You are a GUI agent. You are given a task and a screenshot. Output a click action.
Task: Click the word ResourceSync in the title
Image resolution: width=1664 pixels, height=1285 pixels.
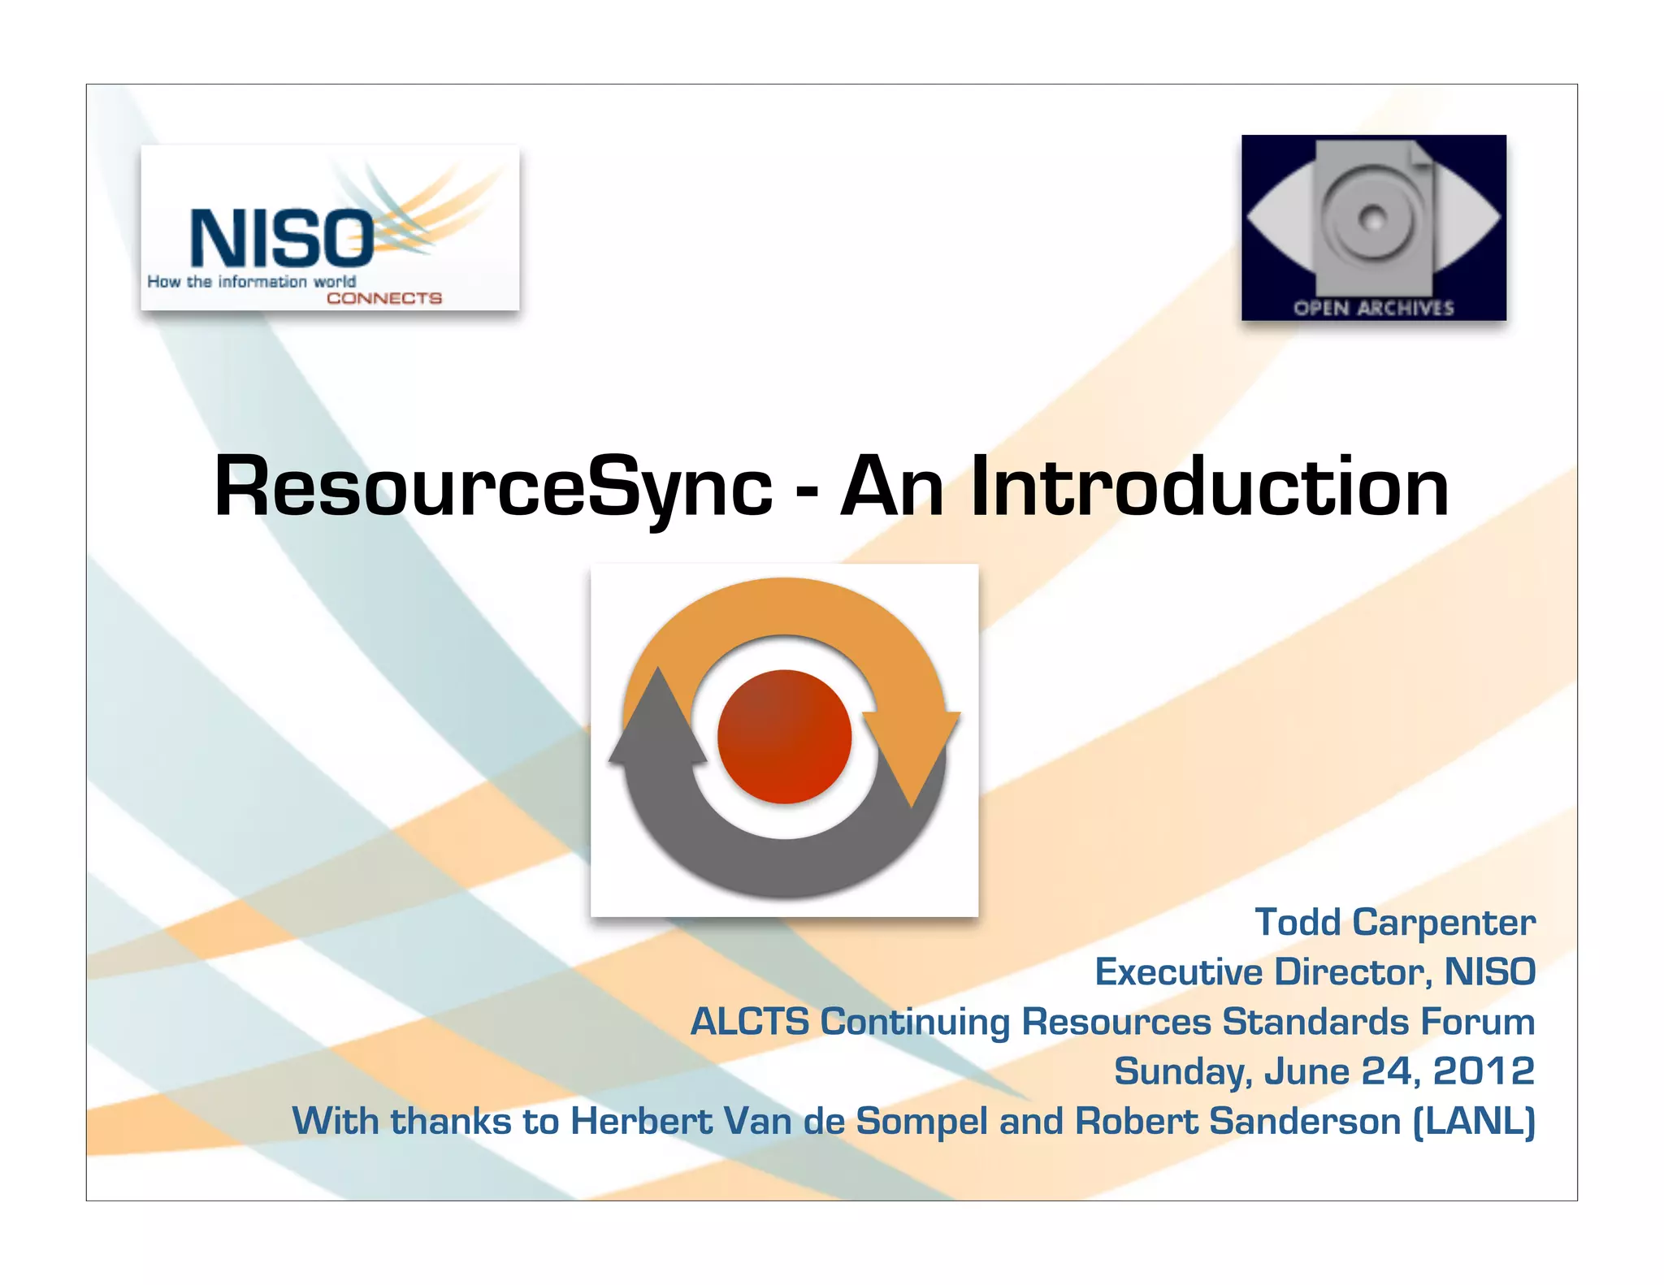pyautogui.click(x=492, y=487)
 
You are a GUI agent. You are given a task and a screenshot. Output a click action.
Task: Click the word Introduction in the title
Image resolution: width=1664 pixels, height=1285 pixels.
pyautogui.click(x=1210, y=487)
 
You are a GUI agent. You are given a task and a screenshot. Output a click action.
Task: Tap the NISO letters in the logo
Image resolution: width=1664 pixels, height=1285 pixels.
pyautogui.click(x=281, y=239)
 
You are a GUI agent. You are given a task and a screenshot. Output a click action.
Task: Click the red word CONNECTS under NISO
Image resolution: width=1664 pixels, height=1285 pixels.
pyautogui.click(x=383, y=298)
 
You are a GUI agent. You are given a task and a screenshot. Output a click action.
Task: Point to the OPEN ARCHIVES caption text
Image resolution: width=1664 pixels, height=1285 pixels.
pyautogui.click(x=1373, y=308)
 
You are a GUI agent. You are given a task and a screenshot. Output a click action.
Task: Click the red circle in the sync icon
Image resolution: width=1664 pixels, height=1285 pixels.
pyautogui.click(x=784, y=737)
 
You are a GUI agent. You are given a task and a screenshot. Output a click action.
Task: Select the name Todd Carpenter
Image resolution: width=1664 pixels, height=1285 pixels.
pyautogui.click(x=1394, y=923)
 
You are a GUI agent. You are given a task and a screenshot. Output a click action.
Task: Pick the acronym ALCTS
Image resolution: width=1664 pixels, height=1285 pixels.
pyautogui.click(x=749, y=1022)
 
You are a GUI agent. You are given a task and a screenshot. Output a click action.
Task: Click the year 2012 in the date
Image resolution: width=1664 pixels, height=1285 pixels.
pyautogui.click(x=1483, y=1071)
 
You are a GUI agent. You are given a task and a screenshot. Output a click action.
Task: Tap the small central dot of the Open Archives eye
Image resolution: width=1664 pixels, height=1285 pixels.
pyautogui.click(x=1373, y=218)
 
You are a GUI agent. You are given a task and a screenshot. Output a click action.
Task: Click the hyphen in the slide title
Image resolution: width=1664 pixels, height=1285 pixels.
pyautogui.click(x=806, y=492)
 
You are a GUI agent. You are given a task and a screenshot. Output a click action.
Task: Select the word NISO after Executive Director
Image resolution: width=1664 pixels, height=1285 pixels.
pyautogui.click(x=1489, y=972)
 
